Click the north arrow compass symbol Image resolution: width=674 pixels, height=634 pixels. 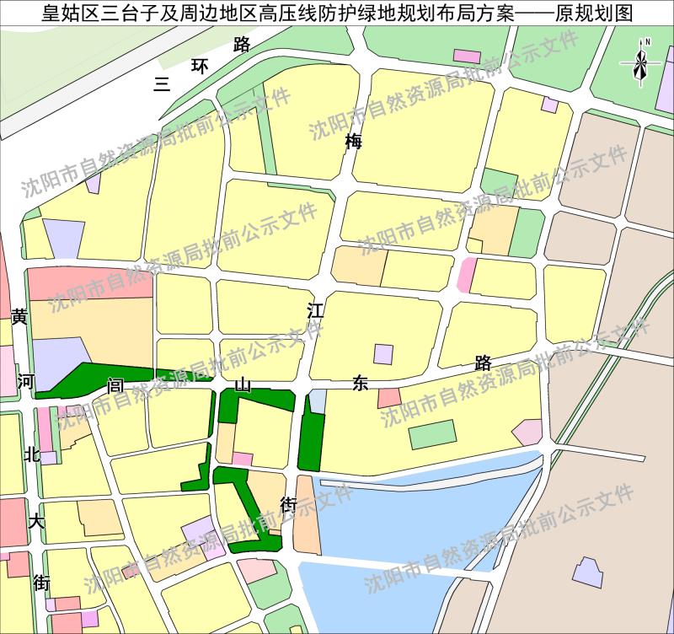(x=639, y=61)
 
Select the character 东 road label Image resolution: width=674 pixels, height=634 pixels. (x=361, y=384)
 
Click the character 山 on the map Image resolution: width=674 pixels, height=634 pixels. (x=243, y=384)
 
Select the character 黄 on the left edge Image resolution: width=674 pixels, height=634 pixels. (x=19, y=316)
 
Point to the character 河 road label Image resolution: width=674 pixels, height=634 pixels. (x=25, y=381)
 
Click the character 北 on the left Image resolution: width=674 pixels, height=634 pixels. (x=32, y=454)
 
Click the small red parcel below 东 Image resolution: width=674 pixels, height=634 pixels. (x=389, y=398)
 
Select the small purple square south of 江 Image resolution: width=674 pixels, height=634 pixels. (x=383, y=354)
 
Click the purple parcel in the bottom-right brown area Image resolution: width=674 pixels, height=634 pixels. (x=588, y=572)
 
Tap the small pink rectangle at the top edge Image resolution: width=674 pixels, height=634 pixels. (x=467, y=56)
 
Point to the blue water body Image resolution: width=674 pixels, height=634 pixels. (x=421, y=523)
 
